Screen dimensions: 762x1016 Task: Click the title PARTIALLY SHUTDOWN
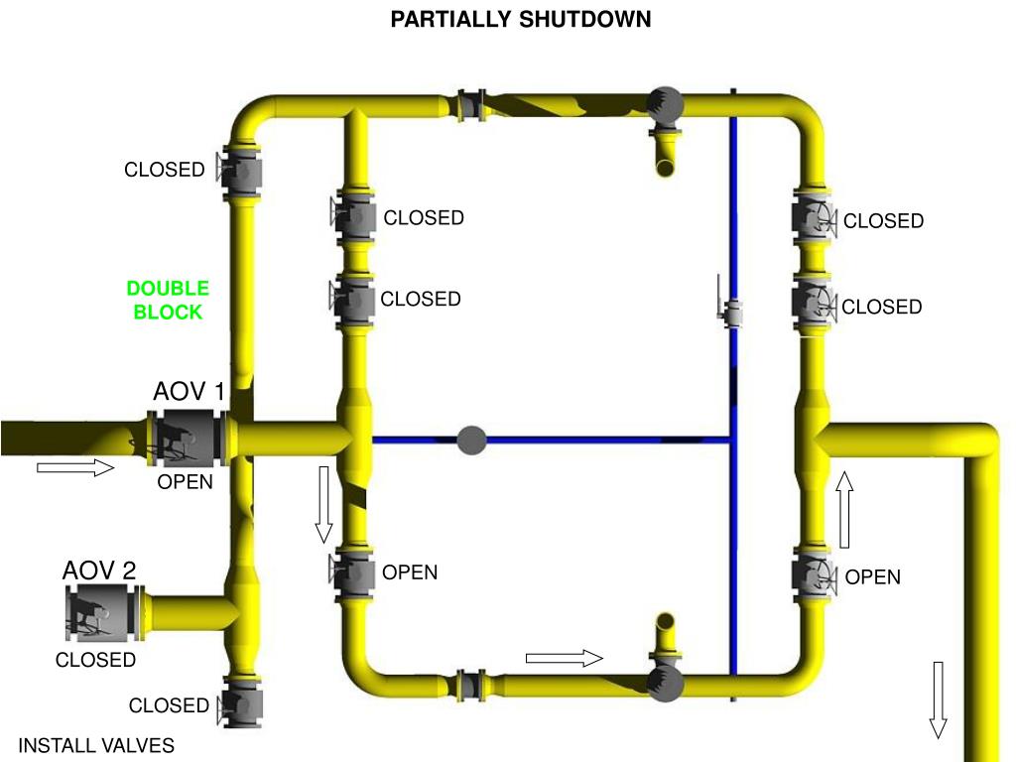pos(521,20)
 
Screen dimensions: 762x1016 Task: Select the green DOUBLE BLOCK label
pos(168,300)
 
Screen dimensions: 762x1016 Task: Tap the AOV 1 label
pos(190,392)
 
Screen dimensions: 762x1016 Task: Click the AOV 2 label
pos(99,571)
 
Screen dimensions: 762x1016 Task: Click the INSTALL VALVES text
pos(97,746)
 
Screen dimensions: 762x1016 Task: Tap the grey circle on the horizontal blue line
pos(471,440)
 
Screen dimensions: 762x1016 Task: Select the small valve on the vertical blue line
pos(733,314)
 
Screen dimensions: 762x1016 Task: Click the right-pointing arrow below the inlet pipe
pos(76,467)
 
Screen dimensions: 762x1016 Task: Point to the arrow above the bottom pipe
pos(564,658)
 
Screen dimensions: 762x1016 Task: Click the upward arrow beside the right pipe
pos(844,510)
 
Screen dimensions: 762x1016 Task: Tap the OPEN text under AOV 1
pos(186,482)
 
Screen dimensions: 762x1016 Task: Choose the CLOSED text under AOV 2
pos(95,660)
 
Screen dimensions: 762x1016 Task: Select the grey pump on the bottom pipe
pos(664,683)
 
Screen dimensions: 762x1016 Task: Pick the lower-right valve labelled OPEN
pos(811,576)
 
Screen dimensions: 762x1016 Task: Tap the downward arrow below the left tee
pos(323,504)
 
